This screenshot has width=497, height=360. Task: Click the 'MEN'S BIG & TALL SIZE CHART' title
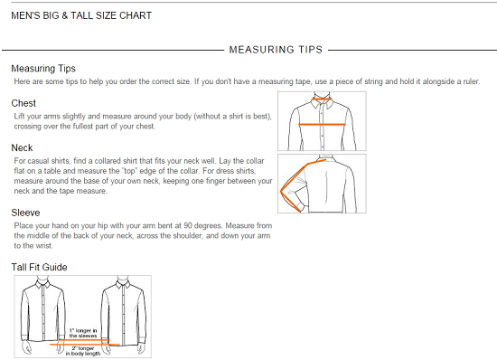click(x=81, y=15)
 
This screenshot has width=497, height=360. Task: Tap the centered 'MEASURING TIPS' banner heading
click(x=276, y=50)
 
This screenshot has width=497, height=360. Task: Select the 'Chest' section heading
click(x=23, y=103)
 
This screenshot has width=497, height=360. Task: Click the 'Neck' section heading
click(x=22, y=147)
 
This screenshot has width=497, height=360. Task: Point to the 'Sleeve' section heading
click(x=25, y=213)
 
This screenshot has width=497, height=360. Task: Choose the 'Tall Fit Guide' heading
click(x=39, y=267)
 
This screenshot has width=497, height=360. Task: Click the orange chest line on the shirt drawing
click(x=322, y=124)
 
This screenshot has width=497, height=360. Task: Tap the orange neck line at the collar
click(x=322, y=99)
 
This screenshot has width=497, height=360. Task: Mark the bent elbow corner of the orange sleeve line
click(x=281, y=191)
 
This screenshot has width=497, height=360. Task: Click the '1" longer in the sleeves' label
click(x=83, y=333)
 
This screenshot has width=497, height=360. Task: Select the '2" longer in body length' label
click(x=83, y=351)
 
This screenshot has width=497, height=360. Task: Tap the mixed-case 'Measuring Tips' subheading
click(x=43, y=69)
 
